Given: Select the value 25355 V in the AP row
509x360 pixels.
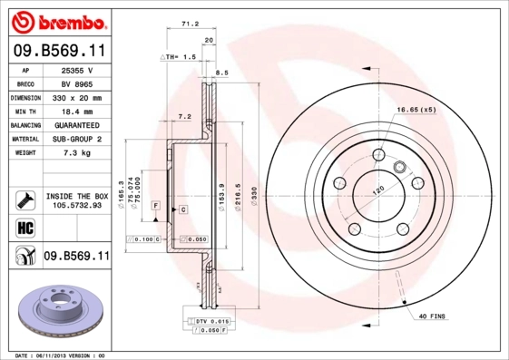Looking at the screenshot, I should click(x=76, y=69).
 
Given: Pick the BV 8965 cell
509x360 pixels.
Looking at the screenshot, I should click(x=76, y=83).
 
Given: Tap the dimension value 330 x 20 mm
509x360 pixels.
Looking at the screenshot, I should click(x=76, y=96).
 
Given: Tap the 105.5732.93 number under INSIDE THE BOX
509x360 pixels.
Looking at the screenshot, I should click(x=76, y=205).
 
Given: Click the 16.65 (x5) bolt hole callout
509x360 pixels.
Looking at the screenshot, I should click(x=416, y=110).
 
